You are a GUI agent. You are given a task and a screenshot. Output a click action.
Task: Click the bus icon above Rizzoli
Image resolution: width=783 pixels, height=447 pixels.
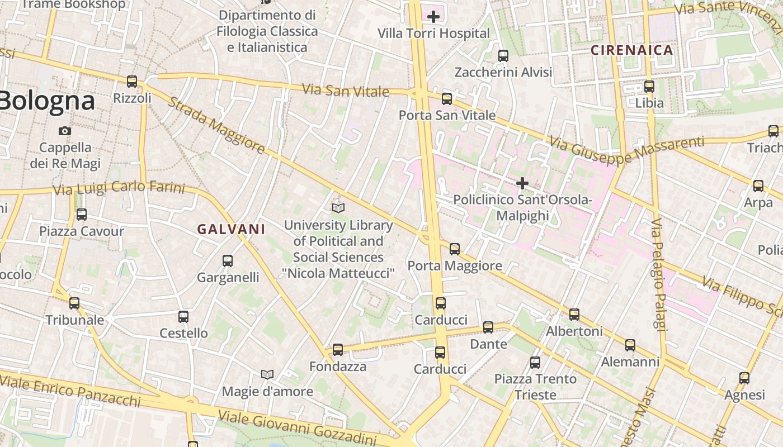click(132, 82)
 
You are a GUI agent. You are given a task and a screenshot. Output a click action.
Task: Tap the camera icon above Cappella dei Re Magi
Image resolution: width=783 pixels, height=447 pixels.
click(65, 131)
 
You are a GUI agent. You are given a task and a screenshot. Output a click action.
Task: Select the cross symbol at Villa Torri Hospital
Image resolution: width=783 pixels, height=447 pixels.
click(433, 17)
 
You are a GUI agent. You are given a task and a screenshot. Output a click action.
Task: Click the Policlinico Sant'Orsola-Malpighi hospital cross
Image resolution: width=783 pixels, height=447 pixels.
click(522, 183)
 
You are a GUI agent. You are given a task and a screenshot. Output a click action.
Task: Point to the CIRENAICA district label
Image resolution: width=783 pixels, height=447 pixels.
click(632, 50)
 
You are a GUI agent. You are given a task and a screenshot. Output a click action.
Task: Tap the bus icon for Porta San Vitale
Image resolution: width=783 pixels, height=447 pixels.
click(446, 99)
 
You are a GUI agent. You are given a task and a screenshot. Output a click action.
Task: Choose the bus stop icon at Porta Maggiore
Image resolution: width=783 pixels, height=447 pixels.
click(455, 249)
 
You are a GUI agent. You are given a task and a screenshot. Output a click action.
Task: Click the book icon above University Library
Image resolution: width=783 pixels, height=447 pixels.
click(338, 208)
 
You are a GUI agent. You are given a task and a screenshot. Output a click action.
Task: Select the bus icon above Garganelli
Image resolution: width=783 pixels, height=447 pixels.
click(228, 261)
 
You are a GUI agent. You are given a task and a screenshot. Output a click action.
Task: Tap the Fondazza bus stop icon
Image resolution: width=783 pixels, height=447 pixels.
click(337, 350)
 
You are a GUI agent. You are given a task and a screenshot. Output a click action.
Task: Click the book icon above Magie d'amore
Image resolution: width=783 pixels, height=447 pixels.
click(267, 374)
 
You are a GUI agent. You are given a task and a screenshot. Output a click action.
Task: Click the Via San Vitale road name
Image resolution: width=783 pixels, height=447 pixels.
click(345, 90)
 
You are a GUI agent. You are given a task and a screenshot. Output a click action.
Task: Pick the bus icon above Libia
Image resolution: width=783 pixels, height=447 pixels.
click(649, 87)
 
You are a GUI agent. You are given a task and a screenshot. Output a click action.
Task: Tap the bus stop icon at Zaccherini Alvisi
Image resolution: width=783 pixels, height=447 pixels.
click(503, 56)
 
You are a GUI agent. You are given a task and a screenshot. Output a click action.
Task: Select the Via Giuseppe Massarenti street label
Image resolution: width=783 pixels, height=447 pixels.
click(626, 150)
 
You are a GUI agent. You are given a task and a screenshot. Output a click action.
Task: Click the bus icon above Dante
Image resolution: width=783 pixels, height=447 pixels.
click(488, 327)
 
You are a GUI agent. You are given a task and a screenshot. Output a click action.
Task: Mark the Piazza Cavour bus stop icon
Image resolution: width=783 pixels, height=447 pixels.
click(82, 215)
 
